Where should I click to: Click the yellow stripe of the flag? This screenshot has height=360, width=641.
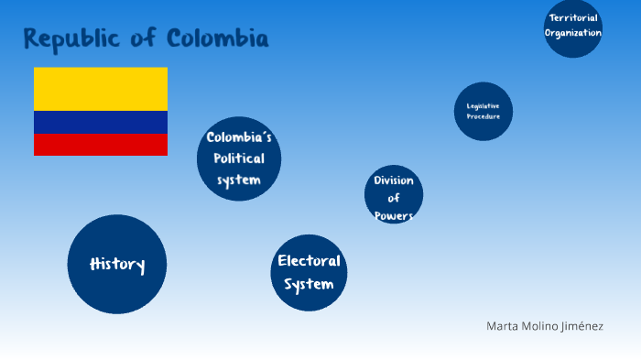101,88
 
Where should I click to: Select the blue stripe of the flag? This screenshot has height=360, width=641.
101,122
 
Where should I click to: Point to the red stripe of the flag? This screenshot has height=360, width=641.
101,144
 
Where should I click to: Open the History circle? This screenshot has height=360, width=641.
117,265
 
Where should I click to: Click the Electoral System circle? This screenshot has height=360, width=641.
310,273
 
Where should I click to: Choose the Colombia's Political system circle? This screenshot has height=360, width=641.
239,158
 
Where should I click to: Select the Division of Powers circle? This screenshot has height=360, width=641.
394,195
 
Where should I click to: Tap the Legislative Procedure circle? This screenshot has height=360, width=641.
483,112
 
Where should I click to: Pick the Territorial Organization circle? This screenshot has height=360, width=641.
573,27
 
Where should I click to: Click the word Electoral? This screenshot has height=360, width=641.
310,261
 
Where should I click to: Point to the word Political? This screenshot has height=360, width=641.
239,158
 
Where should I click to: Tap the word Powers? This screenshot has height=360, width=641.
394,216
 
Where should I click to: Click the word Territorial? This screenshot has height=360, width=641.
573,17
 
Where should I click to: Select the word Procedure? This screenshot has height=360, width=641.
483,117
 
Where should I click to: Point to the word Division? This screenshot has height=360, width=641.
394,180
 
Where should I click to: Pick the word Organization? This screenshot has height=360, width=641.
573,33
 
